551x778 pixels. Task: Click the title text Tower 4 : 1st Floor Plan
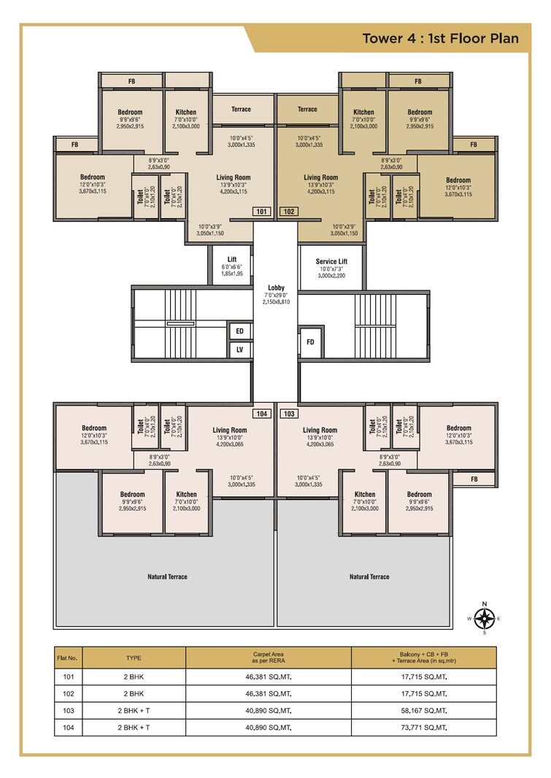(x=440, y=39)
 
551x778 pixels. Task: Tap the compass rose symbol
(x=484, y=618)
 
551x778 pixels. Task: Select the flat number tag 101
(x=262, y=212)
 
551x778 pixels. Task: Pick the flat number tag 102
(x=289, y=212)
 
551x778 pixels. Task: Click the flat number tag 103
(x=289, y=414)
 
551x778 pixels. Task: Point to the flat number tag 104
(x=262, y=414)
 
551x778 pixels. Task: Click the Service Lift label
(x=331, y=261)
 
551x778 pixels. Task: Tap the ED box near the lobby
(x=239, y=331)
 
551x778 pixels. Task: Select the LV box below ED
(x=239, y=350)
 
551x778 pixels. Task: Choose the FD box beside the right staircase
(x=310, y=342)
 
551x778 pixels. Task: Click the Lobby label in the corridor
(x=276, y=288)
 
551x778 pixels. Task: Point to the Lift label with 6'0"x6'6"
(x=232, y=260)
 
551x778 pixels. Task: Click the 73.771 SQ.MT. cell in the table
(x=423, y=728)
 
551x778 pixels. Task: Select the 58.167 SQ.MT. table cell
(x=423, y=710)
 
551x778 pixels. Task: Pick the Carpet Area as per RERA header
(x=268, y=658)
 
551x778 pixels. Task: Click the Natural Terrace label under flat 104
(x=167, y=577)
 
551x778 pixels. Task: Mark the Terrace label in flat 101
(x=241, y=109)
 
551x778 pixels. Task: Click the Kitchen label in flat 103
(x=364, y=494)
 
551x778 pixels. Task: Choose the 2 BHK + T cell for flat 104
(x=134, y=728)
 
